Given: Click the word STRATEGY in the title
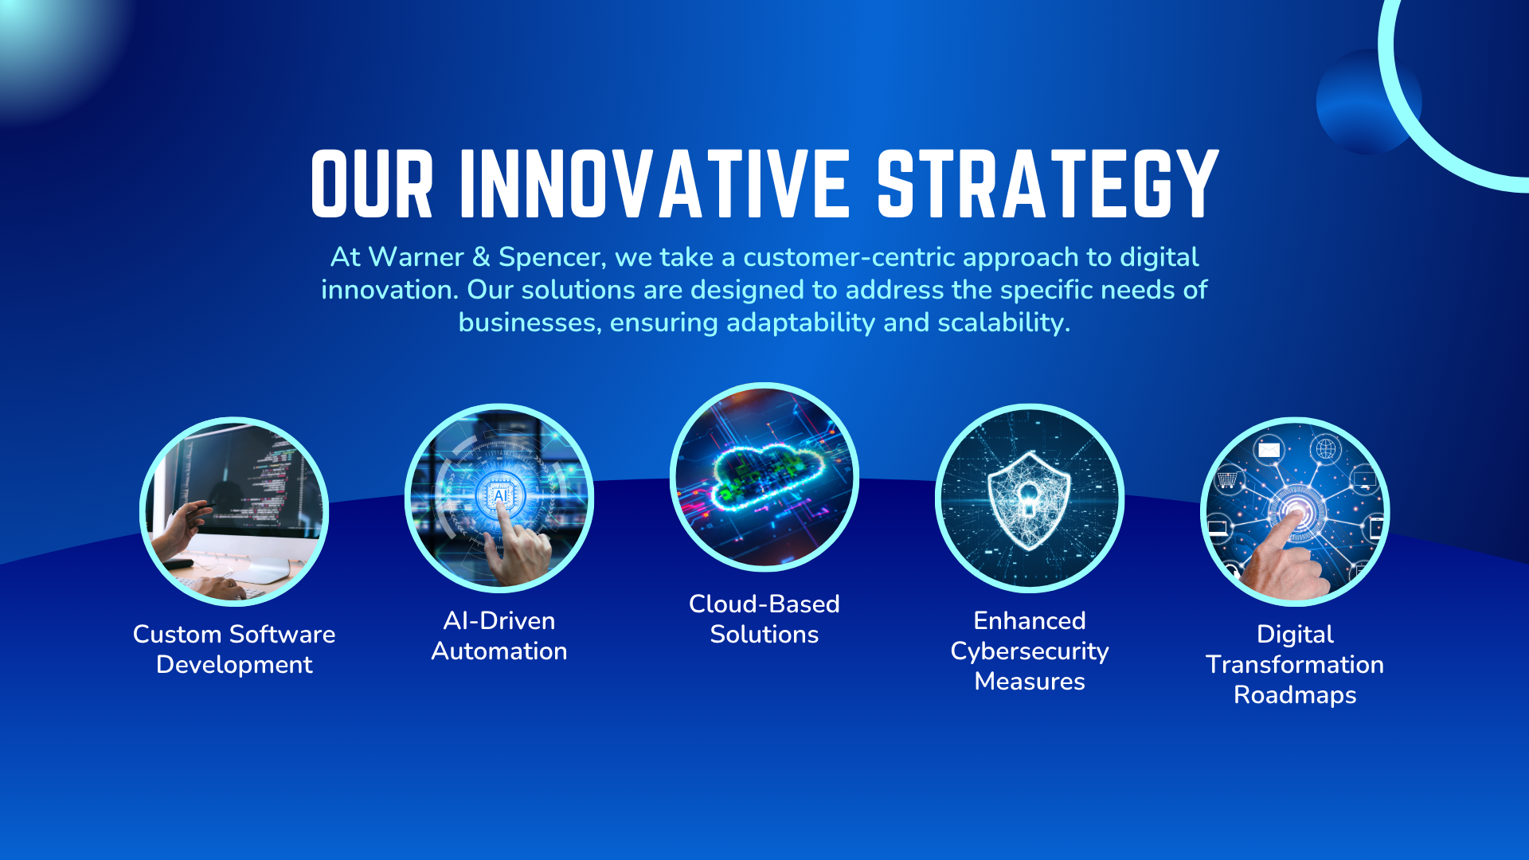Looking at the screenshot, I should (x=1047, y=185).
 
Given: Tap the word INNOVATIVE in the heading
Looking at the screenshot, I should (x=655, y=185).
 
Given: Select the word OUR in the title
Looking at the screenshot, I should (x=372, y=185).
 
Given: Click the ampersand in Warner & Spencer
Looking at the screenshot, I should (x=481, y=257).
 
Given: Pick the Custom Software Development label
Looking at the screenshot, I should (x=234, y=649).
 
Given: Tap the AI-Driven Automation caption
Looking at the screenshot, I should (x=499, y=635).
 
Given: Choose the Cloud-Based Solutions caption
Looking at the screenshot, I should (x=764, y=619).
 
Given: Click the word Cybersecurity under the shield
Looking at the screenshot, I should (x=1030, y=651).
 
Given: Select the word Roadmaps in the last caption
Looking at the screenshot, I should (x=1295, y=695).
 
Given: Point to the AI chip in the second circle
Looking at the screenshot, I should (x=500, y=495).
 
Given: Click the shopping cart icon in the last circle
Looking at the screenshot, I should (x=1227, y=479).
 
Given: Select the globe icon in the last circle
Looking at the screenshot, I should (x=1326, y=448).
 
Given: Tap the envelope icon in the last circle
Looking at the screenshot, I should (x=1269, y=450).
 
